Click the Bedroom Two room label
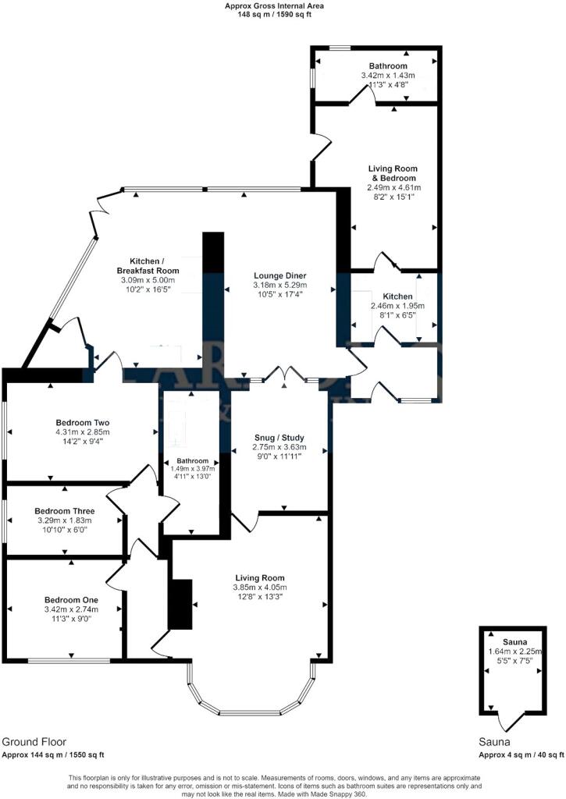83,422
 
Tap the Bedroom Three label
65,511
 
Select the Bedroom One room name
71,600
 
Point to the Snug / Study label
279,438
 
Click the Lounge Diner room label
280,275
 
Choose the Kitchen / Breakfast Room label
148,265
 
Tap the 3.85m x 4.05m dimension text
260,588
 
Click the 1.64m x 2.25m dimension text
515,652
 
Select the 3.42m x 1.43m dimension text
388,76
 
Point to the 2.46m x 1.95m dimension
397,306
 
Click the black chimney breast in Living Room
180,605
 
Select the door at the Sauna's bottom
511,722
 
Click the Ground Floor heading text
34,742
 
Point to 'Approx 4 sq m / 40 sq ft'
522,755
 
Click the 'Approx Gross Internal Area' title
274,6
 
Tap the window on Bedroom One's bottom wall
69,661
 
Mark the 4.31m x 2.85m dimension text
83,432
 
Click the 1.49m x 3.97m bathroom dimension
193,469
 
